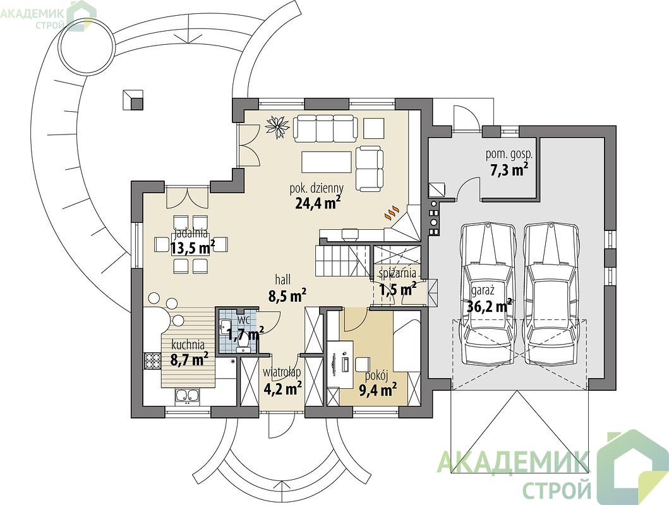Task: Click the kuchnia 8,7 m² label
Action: click(189, 352)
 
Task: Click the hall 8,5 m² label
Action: click(287, 288)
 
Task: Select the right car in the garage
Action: click(552, 294)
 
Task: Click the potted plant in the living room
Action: click(277, 126)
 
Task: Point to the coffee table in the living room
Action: click(327, 162)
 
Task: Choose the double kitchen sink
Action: click(187, 396)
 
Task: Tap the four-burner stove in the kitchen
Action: click(151, 361)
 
